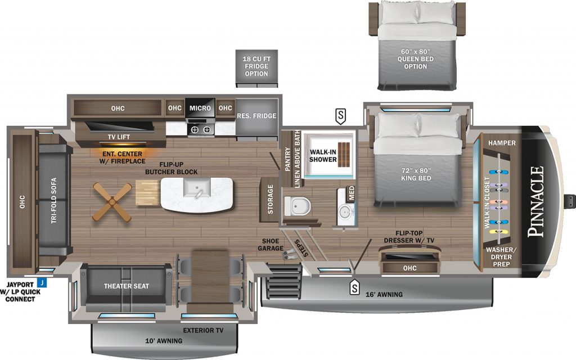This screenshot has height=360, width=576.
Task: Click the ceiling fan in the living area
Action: coord(112,202)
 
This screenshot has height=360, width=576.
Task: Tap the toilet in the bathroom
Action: coord(298,206)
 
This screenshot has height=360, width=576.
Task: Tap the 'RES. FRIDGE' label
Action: coord(256,116)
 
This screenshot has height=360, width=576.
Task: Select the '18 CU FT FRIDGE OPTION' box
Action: coord(256,68)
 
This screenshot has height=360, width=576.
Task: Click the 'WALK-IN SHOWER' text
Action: coord(323,156)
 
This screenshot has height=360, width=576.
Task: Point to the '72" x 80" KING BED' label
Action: coord(416,174)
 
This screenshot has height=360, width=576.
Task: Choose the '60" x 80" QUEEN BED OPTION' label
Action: coord(416,59)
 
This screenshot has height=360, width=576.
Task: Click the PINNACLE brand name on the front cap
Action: coord(535,201)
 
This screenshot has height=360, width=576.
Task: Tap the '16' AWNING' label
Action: coord(384,295)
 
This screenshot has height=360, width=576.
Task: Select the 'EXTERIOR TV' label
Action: coord(203,331)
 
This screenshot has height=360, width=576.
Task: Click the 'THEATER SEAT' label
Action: coord(127,286)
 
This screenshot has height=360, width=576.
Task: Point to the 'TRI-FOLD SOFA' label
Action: coord(54,201)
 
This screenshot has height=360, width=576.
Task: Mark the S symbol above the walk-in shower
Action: coord(340,116)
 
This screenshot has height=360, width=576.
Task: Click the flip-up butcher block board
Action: coord(148,192)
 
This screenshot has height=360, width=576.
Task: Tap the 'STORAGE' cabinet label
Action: coord(271,200)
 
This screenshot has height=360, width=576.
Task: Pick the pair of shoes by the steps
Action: coord(289,254)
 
